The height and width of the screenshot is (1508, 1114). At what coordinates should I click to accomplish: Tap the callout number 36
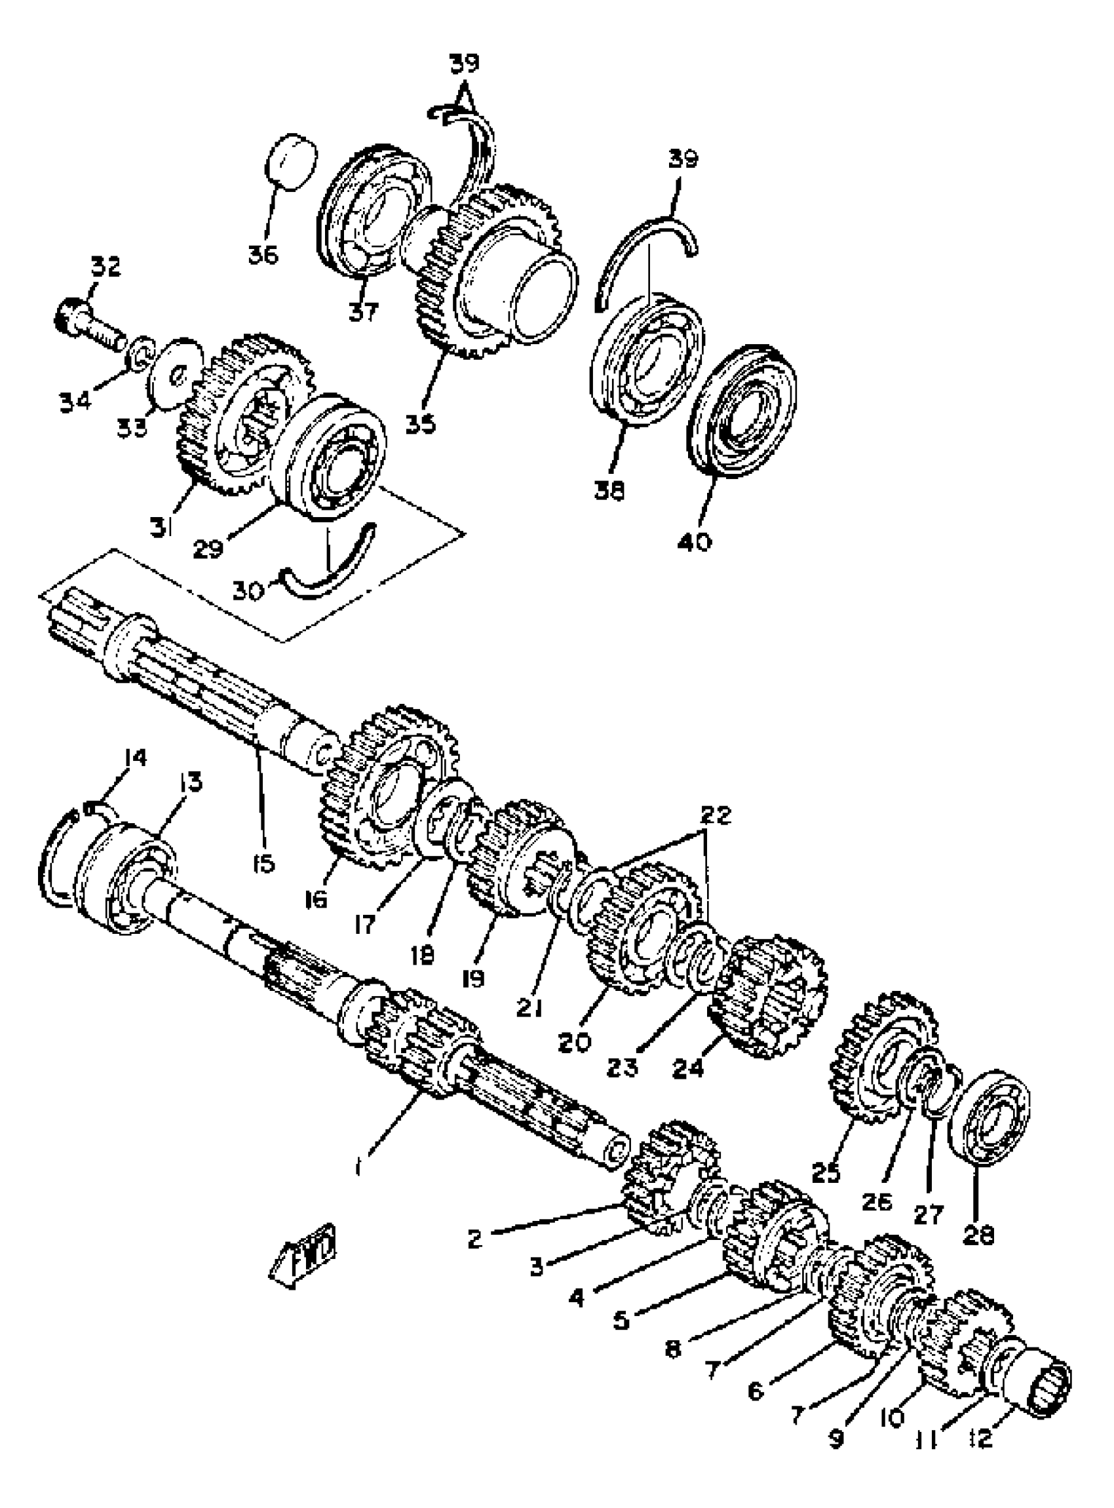coord(263,255)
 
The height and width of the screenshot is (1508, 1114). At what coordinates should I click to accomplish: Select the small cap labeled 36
coord(293,162)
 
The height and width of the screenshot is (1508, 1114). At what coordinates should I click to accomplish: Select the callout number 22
coord(716,815)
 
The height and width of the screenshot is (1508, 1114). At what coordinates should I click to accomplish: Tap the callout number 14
coord(134,758)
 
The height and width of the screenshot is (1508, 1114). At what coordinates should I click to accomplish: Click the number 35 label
coord(421,423)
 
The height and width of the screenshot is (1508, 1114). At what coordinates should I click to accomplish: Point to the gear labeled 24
coord(769,997)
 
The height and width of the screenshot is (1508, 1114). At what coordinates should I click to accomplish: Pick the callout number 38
coord(609,491)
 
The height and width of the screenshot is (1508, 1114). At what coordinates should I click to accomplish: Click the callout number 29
coord(208,550)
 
